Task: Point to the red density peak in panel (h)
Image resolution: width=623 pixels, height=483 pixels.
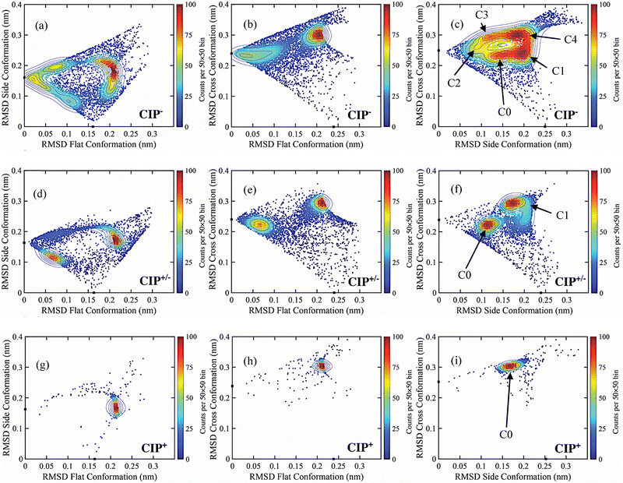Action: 321,365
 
